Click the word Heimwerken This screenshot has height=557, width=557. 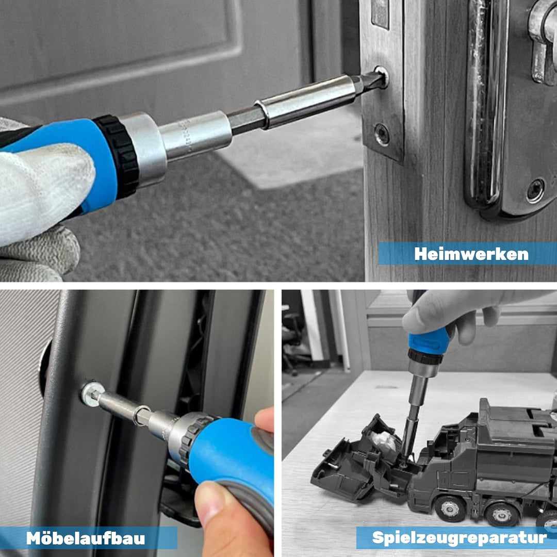coord(471,254)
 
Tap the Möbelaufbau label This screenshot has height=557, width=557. coord(86,538)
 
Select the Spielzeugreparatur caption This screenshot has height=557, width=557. coord(460,538)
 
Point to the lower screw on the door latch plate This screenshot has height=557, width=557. coord(382,134)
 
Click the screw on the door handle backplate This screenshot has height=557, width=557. coord(535,191)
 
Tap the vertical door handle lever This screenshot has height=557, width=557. coord(487,103)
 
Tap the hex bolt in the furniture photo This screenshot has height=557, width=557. coord(92,394)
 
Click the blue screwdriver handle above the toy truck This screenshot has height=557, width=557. coord(429,341)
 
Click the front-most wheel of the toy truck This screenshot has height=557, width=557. coord(449,509)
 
